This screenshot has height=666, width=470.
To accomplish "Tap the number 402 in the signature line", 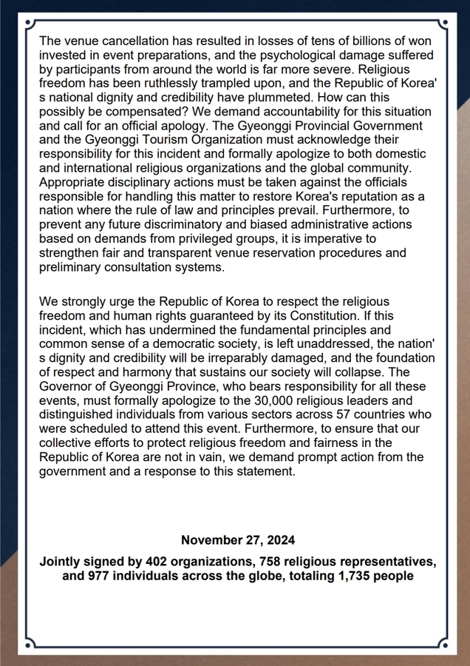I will click(161, 561).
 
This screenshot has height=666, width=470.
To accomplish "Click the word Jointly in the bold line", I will click(61, 561).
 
